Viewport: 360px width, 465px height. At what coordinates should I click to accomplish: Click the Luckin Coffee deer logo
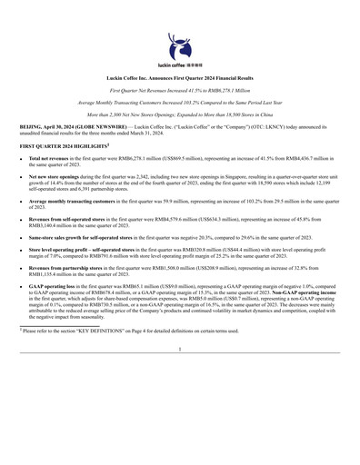click(179, 42)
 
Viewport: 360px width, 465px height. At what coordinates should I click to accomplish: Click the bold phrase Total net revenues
click(50, 159)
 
